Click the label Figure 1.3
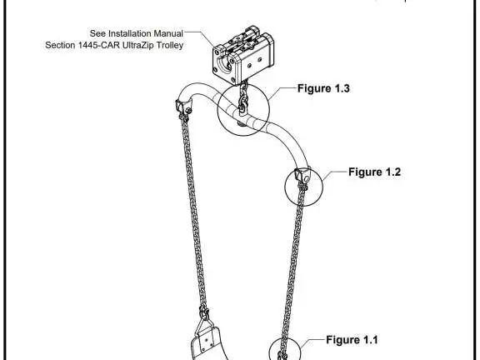(x=323, y=88)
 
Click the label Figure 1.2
(x=374, y=172)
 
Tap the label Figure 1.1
(x=352, y=340)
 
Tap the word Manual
(x=168, y=33)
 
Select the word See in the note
(x=97, y=33)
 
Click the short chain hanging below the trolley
(x=243, y=98)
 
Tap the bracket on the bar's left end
(x=183, y=107)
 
